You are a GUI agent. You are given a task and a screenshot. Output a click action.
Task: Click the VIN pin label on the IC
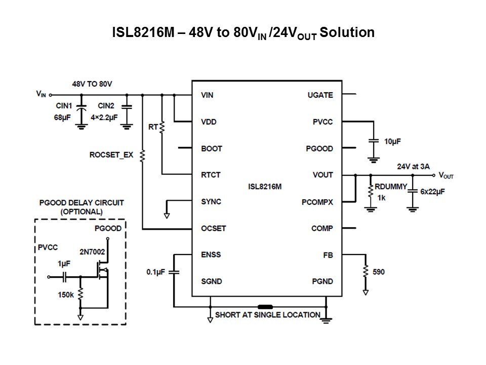point(207,95)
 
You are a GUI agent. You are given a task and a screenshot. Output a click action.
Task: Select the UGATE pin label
point(320,95)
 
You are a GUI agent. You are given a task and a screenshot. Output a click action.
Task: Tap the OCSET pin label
point(213,228)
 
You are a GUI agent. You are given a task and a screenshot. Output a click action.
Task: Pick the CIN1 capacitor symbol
point(82,107)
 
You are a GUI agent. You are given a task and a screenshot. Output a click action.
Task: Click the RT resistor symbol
point(162,127)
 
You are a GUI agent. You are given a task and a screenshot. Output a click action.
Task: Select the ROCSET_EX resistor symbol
point(143,155)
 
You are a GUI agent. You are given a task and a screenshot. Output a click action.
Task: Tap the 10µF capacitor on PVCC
point(373,141)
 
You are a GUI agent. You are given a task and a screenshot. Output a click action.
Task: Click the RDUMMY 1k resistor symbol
point(371,192)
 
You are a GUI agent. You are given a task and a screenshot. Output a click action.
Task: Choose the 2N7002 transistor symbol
point(103,272)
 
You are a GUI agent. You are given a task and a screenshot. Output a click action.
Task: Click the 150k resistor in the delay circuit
point(80,295)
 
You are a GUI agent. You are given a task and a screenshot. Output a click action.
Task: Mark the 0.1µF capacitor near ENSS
point(174,272)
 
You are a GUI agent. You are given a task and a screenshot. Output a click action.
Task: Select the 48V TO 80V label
point(92,83)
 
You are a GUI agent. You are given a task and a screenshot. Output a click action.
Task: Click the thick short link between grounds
point(265,307)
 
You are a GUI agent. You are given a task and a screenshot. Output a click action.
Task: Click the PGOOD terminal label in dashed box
point(108,228)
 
